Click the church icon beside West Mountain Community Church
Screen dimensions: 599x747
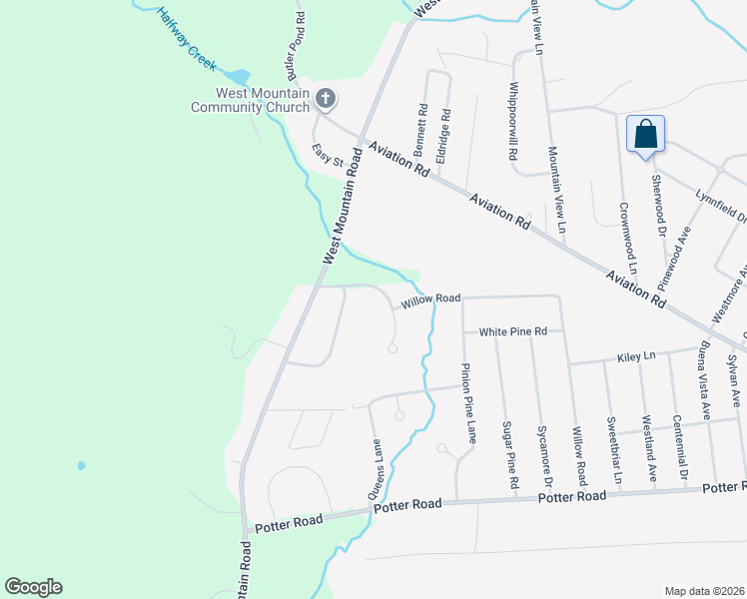[x=326, y=98]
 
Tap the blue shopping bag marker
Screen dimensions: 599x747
[x=646, y=135]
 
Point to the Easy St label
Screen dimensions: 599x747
[x=326, y=156]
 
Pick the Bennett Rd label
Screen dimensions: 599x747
[x=422, y=127]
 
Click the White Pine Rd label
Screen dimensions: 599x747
[x=513, y=331]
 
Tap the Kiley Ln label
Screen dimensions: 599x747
[x=635, y=355]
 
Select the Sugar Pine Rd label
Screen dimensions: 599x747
[x=509, y=455]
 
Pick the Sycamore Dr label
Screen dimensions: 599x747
[x=542, y=454]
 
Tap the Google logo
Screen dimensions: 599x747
[x=33, y=587]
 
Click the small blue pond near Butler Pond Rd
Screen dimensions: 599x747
[x=238, y=77]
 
